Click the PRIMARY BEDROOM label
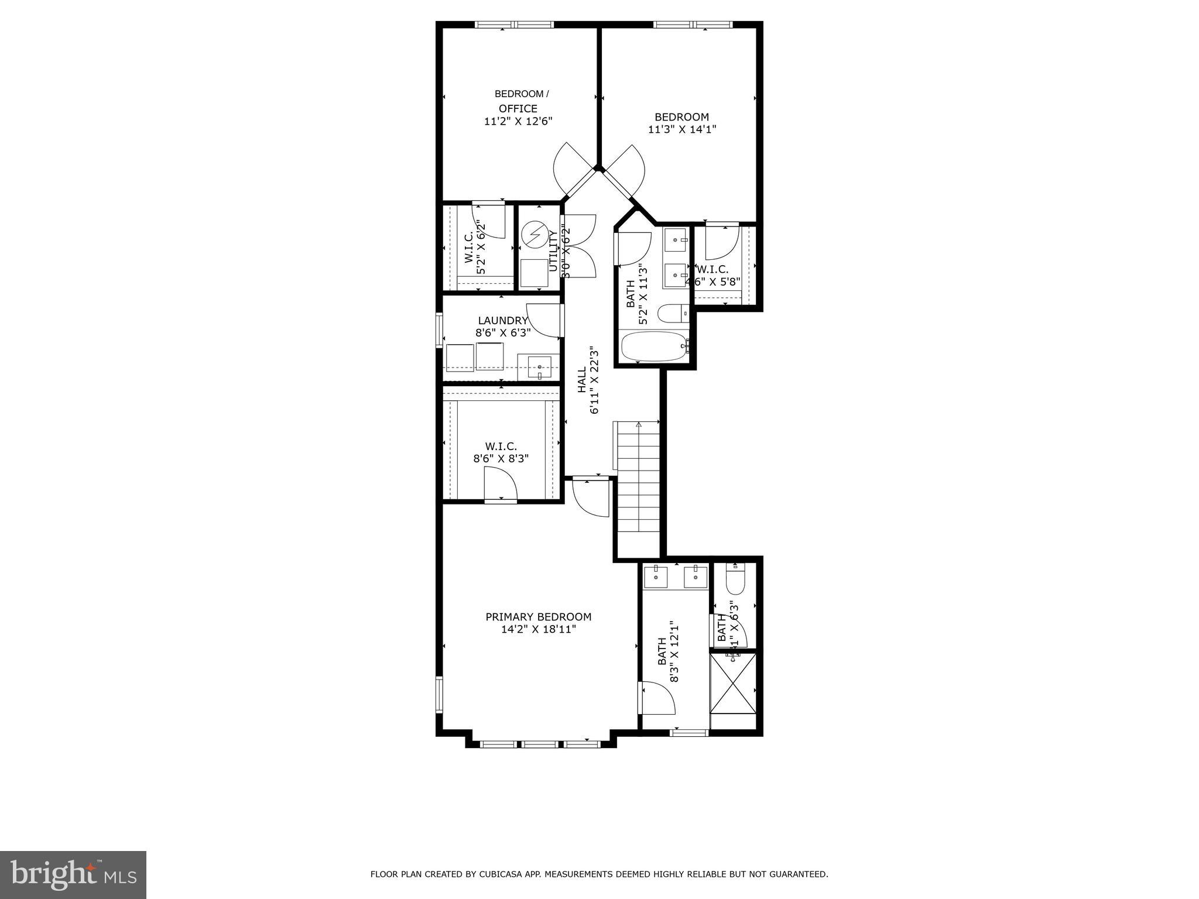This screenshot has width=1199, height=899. pos(538,617)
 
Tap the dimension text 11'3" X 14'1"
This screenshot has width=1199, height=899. pos(682,129)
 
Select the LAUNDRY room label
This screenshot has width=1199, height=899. pos(503,320)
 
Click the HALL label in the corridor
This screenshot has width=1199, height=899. pos(582,380)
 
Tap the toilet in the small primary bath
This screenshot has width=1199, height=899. pos(734,579)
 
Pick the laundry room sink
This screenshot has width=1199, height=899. pos(539,368)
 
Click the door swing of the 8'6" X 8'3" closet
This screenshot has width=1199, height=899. pos(501,484)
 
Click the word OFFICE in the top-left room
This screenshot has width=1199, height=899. pos(518,109)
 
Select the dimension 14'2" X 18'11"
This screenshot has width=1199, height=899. pos(538,630)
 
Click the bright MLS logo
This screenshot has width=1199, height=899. pos(73,875)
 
